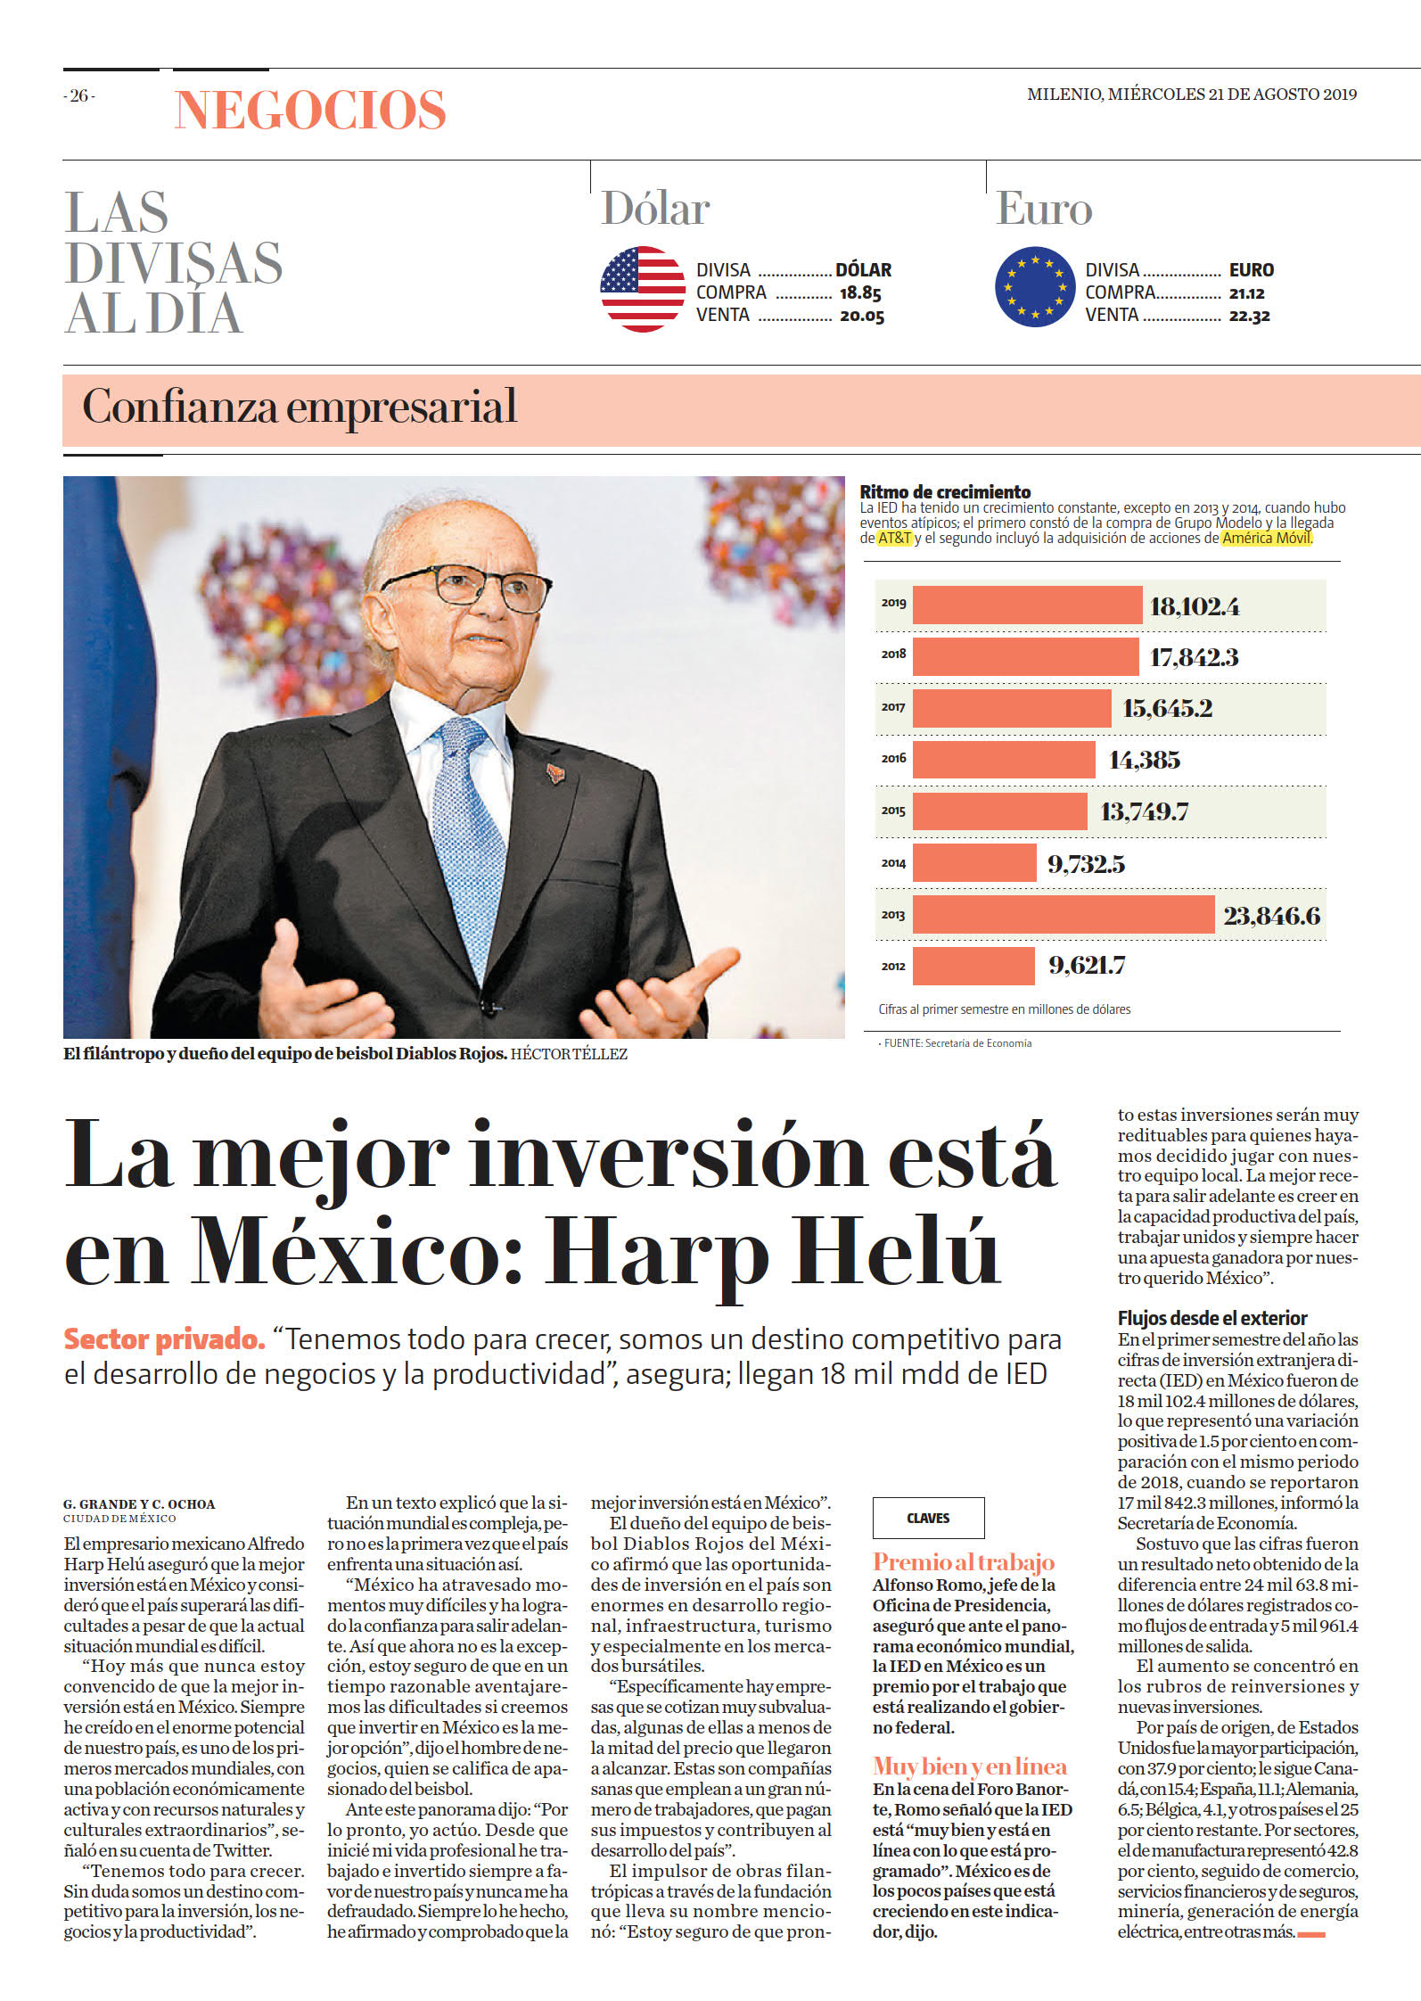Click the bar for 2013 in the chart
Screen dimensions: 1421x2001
[x=1063, y=915]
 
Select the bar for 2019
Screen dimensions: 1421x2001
[x=1027, y=605]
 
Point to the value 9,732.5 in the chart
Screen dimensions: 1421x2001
[x=1086, y=864]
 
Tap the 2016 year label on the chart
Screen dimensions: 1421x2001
[x=893, y=759]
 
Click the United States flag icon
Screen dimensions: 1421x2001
[x=643, y=289]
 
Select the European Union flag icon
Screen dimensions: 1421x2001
[x=1035, y=288]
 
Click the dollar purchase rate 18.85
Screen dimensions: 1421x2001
[x=860, y=292]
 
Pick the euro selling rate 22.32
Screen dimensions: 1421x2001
[x=1250, y=316]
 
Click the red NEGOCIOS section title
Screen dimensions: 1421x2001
[x=310, y=111]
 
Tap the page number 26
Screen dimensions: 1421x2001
[x=79, y=95]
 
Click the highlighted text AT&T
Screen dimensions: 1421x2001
[x=895, y=539]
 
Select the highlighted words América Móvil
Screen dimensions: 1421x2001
[x=1266, y=539]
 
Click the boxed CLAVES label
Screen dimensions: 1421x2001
[x=928, y=1519]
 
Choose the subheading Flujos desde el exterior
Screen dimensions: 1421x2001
[x=1212, y=1318]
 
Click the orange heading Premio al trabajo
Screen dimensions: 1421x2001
[x=964, y=1562]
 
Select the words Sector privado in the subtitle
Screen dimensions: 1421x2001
[x=164, y=1339]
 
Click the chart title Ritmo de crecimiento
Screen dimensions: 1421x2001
[x=945, y=492]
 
